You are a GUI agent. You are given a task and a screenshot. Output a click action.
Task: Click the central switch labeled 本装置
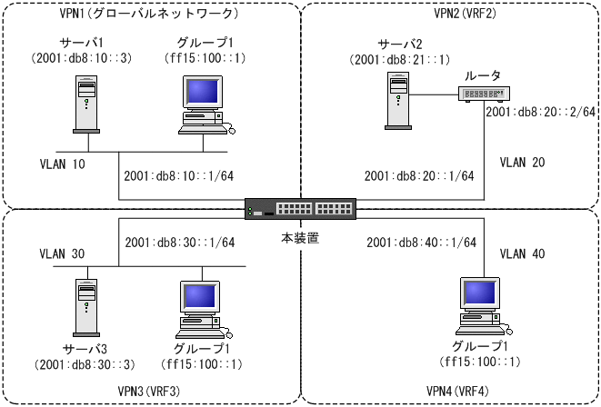[x=300, y=210]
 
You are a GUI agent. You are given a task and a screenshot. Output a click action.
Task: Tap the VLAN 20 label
[x=524, y=161]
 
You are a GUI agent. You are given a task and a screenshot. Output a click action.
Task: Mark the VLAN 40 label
[x=525, y=255]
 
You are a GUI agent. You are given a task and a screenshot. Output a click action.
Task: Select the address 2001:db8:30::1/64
[x=180, y=243]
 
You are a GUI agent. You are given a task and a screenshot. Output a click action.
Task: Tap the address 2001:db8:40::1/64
[x=421, y=242]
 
